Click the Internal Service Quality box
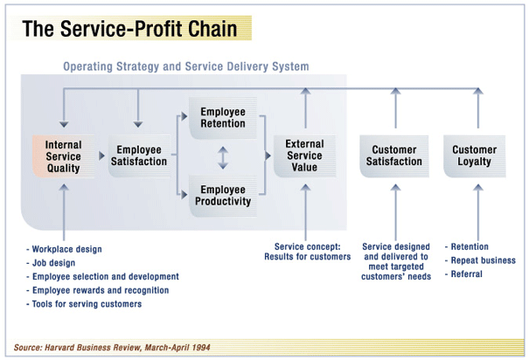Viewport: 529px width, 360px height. [63, 156]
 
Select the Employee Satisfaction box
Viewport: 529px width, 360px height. [138, 156]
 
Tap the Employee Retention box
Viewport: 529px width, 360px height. [223, 118]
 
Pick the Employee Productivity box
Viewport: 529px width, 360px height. [223, 195]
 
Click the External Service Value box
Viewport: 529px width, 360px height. [304, 156]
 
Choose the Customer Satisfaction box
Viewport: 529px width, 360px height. [394, 156]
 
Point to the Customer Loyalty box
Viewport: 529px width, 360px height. [474, 156]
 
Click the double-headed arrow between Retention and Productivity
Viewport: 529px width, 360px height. [223, 157]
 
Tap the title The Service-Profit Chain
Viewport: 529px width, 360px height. [129, 29]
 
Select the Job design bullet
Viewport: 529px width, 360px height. [54, 263]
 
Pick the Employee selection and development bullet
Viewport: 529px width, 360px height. [102, 276]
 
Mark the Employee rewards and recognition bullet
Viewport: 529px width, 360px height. [98, 290]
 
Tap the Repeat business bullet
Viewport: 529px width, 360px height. [481, 260]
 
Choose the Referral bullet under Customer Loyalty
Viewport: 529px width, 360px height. [468, 274]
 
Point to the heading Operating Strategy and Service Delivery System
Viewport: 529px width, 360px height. [185, 66]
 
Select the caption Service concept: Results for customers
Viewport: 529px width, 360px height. [307, 252]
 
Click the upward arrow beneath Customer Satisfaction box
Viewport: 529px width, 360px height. [394, 210]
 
